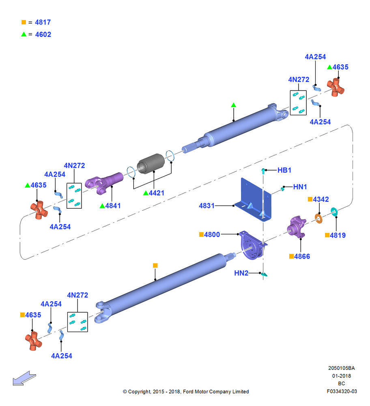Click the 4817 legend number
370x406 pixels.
[43, 22]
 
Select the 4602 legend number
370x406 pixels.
[43, 35]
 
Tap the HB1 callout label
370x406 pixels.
[284, 170]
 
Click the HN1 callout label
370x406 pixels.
[300, 187]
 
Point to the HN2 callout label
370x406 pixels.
[241, 273]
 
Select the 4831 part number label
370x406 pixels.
[207, 205]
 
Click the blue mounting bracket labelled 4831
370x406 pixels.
[253, 199]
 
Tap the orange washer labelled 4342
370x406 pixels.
[318, 218]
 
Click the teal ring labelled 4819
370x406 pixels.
[334, 212]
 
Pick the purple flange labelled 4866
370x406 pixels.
[297, 227]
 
